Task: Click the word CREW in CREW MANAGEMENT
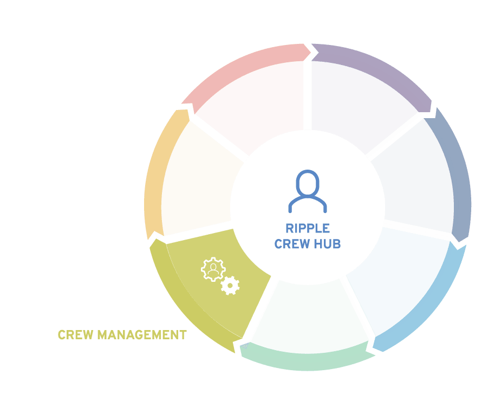pos(76,335)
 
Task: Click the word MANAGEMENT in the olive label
pos(142,335)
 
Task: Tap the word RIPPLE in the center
pos(308,229)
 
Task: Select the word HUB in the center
pos(327,244)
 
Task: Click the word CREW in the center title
pos(292,244)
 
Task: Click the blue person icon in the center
pos(308,191)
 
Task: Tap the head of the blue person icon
pos(308,183)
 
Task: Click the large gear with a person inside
pos(213,269)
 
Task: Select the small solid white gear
pos(230,286)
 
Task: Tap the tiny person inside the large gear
pos(213,269)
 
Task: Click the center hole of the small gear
pos(230,286)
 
